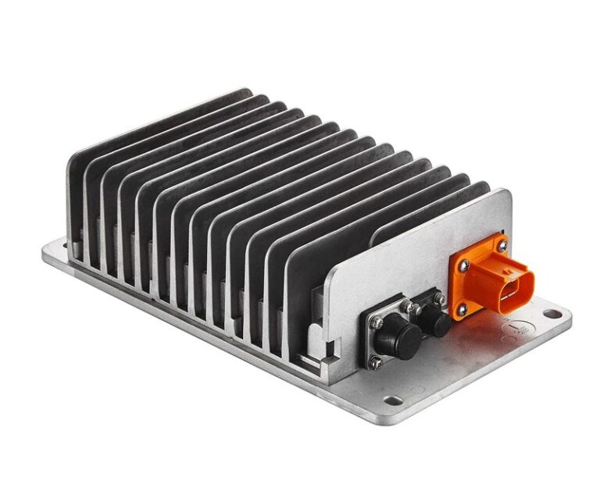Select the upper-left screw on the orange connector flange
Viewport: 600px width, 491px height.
(x=464, y=265)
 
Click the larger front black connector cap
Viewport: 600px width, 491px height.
(x=398, y=336)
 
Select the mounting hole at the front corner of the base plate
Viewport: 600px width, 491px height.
(x=394, y=401)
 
